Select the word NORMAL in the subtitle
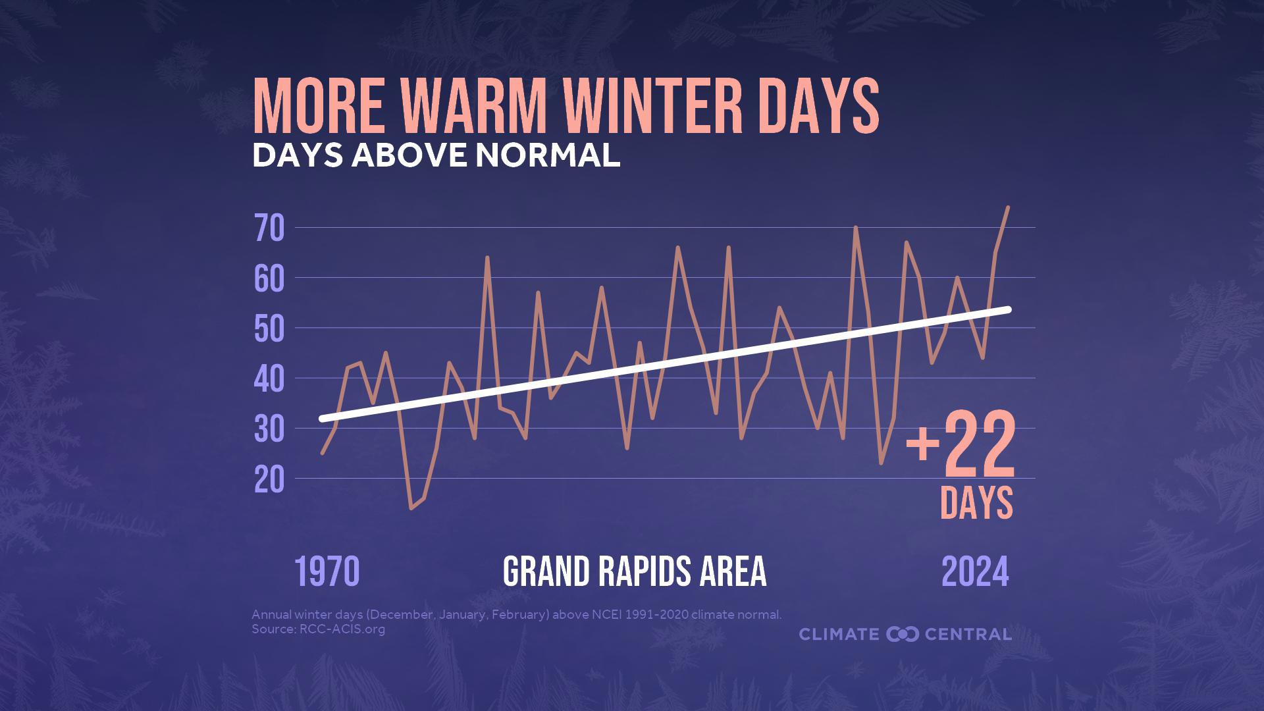point(548,155)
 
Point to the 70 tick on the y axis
point(269,228)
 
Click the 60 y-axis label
point(269,279)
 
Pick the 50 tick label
point(269,329)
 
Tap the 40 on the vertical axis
point(269,380)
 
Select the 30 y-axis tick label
point(269,430)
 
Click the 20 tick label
point(269,481)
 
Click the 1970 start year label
point(327,571)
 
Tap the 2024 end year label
point(975,571)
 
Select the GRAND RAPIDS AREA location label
point(635,571)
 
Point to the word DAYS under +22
point(976,503)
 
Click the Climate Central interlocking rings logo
point(902,635)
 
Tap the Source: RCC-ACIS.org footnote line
point(318,629)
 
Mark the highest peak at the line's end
point(1008,207)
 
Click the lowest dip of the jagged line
point(411,508)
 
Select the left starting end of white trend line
point(323,419)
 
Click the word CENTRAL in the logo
point(968,635)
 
